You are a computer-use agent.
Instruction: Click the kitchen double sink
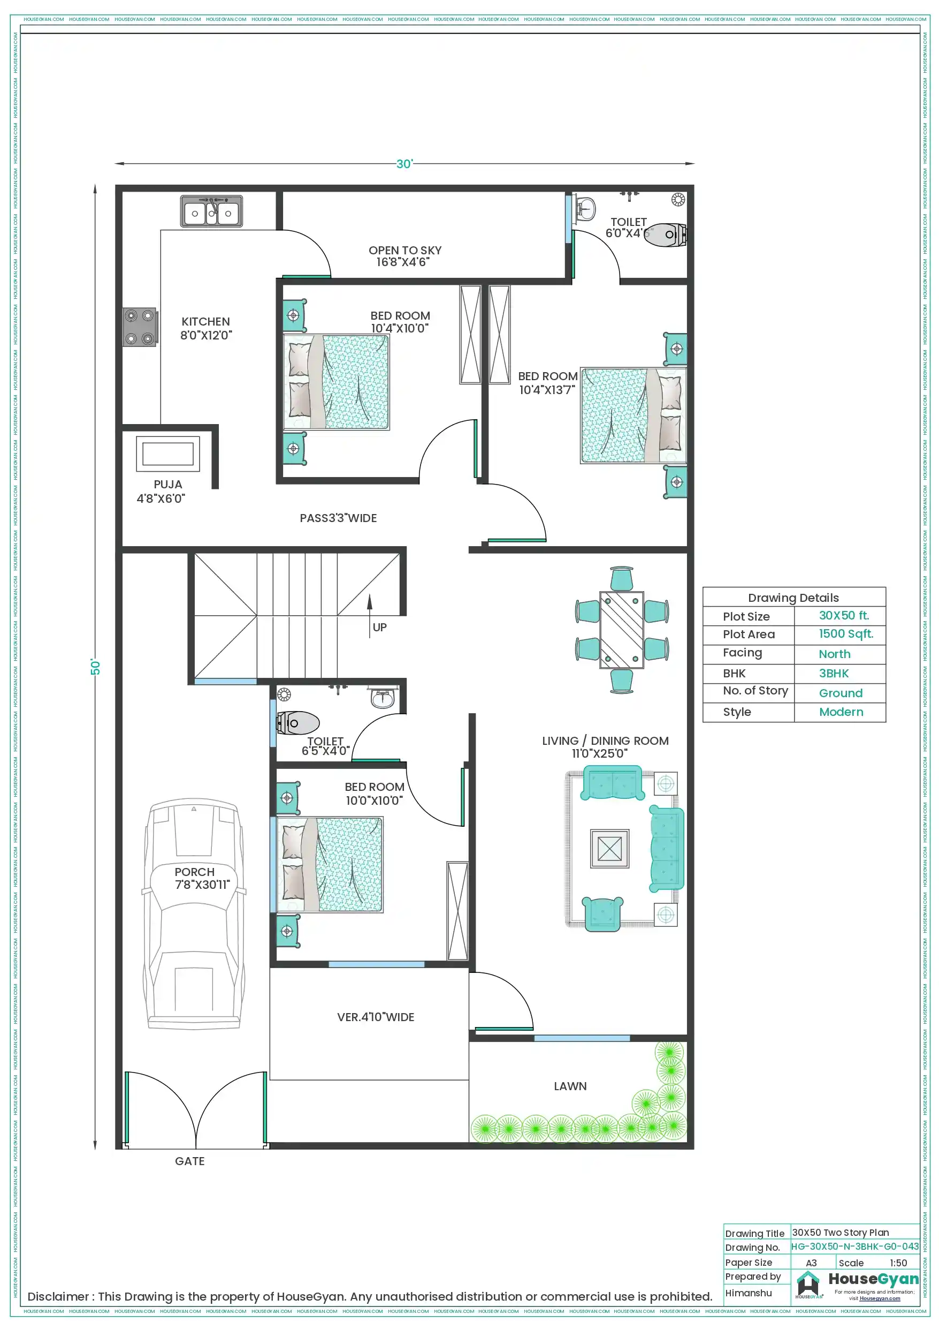pos(211,212)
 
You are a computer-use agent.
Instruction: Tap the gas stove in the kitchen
pos(140,327)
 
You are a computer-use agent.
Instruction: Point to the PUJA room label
pos(168,485)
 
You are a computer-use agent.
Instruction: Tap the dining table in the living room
pos(621,629)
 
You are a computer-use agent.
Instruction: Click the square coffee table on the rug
pos(609,849)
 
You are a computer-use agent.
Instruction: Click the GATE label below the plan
pos(190,1162)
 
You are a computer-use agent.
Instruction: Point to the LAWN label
pos(570,1086)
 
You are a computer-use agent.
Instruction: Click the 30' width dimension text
pos(404,164)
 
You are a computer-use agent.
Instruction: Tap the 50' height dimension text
pos(95,667)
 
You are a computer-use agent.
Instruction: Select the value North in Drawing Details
pos(834,654)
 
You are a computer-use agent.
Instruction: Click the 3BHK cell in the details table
pos(833,673)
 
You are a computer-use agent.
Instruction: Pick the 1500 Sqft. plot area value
pos(845,634)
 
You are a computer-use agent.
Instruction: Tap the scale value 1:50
pos(898,1263)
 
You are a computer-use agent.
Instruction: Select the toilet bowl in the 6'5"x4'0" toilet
pos(299,723)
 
